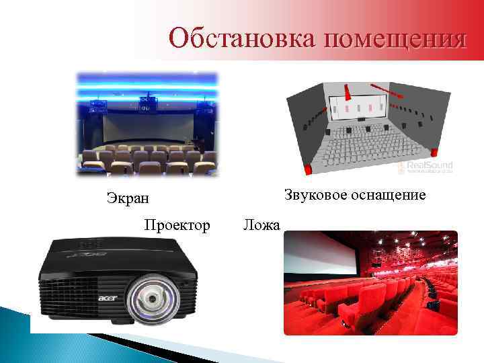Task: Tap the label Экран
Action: pyautogui.click(x=128, y=198)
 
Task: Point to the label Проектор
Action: pyautogui.click(x=177, y=225)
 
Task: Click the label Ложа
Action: pyautogui.click(x=261, y=225)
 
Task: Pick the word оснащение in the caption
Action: pyautogui.click(x=390, y=195)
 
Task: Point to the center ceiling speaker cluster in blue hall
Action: pyautogui.click(x=148, y=102)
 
